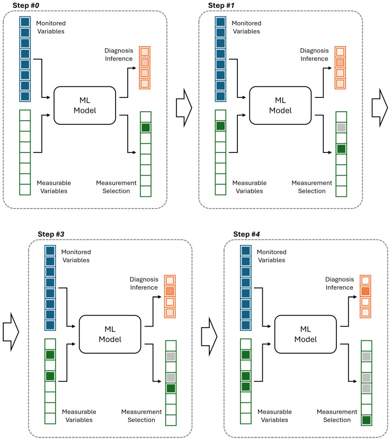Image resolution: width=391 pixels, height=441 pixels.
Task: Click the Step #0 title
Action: (x=25, y=5)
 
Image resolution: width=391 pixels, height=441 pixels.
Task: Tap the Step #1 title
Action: (x=221, y=5)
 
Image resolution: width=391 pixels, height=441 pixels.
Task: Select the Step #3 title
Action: (x=51, y=234)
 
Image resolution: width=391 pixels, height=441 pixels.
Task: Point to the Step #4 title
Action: (x=246, y=234)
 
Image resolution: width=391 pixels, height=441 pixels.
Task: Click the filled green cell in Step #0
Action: (x=146, y=128)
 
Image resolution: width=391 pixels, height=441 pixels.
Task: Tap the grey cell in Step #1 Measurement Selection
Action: (x=341, y=128)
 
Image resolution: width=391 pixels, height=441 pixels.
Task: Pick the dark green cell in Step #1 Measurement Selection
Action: (x=341, y=149)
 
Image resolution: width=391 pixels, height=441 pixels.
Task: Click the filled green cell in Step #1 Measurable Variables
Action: (x=220, y=125)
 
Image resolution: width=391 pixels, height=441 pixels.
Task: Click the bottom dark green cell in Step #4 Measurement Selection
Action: (x=366, y=420)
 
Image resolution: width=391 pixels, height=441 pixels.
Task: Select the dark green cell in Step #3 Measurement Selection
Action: (x=171, y=389)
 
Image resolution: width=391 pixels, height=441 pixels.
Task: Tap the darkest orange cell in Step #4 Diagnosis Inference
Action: (x=366, y=291)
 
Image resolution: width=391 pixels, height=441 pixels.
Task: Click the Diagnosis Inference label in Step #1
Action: (x=314, y=55)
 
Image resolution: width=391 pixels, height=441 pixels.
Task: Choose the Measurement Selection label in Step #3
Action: (x=141, y=416)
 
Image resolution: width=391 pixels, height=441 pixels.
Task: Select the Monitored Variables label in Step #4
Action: (x=272, y=256)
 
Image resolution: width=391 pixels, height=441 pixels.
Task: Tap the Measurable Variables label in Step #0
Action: (x=54, y=187)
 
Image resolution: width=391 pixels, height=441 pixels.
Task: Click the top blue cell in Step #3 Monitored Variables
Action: (x=50, y=250)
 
